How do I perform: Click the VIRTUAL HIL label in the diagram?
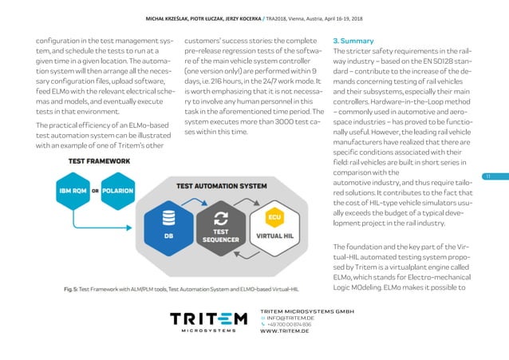pyautogui.click(x=274, y=237)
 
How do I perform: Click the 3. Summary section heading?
pyautogui.click(x=353, y=40)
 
